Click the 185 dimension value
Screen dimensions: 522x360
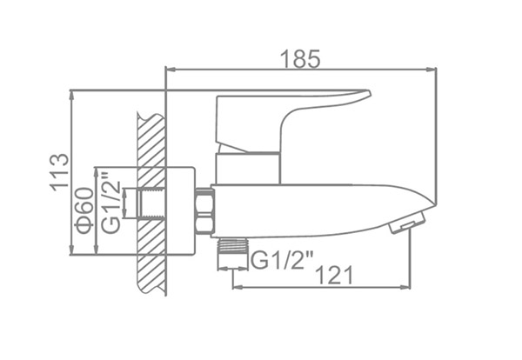[300, 59]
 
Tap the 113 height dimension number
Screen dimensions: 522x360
[60, 173]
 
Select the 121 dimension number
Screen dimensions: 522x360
[335, 275]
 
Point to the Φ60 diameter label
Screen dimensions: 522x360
[84, 210]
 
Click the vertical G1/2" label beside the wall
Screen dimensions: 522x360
[110, 203]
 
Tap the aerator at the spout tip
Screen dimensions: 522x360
[407, 222]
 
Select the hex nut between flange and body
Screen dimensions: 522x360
[204, 211]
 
